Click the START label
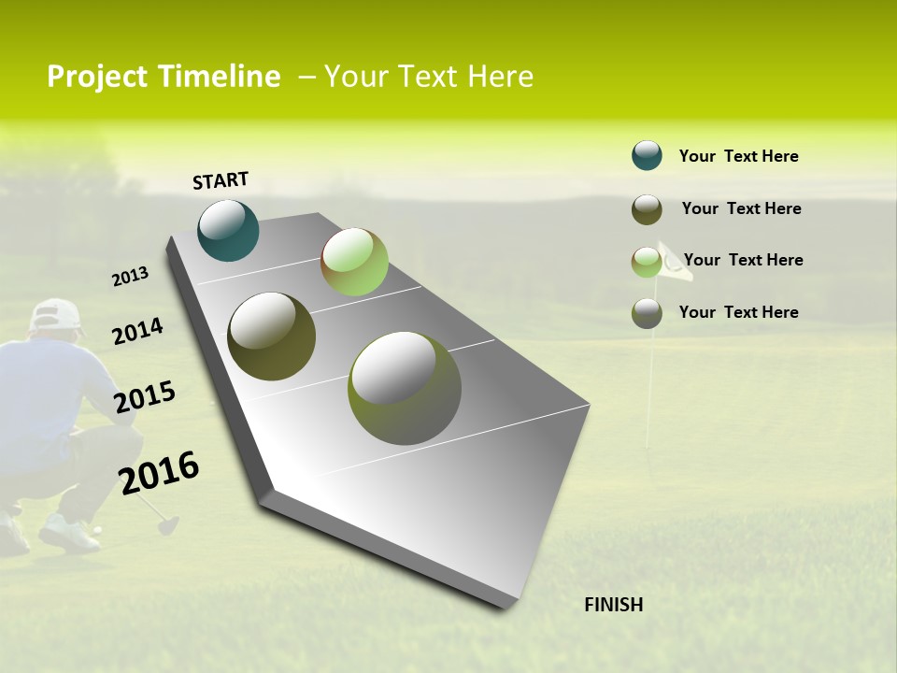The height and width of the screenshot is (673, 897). [221, 180]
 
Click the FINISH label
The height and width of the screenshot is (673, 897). [613, 605]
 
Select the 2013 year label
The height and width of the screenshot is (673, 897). [131, 277]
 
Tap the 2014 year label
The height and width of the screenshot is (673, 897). [137, 331]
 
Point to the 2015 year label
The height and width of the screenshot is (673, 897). [145, 397]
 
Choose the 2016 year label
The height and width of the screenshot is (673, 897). [159, 473]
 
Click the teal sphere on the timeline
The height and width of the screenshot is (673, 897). [229, 230]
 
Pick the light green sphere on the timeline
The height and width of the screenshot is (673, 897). [354, 262]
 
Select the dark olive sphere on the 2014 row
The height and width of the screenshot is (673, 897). [272, 336]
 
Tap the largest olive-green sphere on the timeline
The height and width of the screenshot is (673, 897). [405, 387]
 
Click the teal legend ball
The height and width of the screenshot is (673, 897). [647, 155]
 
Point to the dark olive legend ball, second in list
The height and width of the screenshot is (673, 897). [647, 209]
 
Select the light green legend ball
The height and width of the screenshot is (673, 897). [647, 262]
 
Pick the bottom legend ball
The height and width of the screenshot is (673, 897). [647, 313]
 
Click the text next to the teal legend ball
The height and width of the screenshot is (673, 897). [738, 156]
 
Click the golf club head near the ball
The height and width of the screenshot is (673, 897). [167, 524]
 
